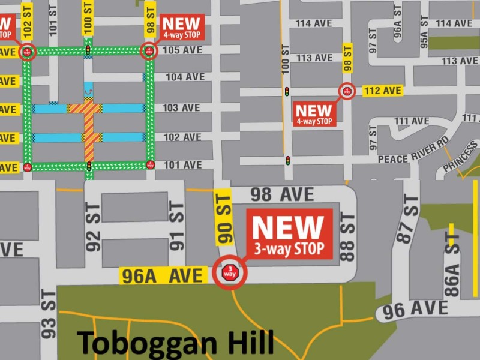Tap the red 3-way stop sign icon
click(x=230, y=272)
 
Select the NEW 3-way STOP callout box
click(x=288, y=234)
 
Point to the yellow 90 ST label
click(x=224, y=217)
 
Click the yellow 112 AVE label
click(x=382, y=91)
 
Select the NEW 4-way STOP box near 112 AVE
click(x=314, y=113)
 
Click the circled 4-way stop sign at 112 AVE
click(x=347, y=91)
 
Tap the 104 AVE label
click(x=185, y=77)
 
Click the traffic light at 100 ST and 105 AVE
click(x=88, y=50)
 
